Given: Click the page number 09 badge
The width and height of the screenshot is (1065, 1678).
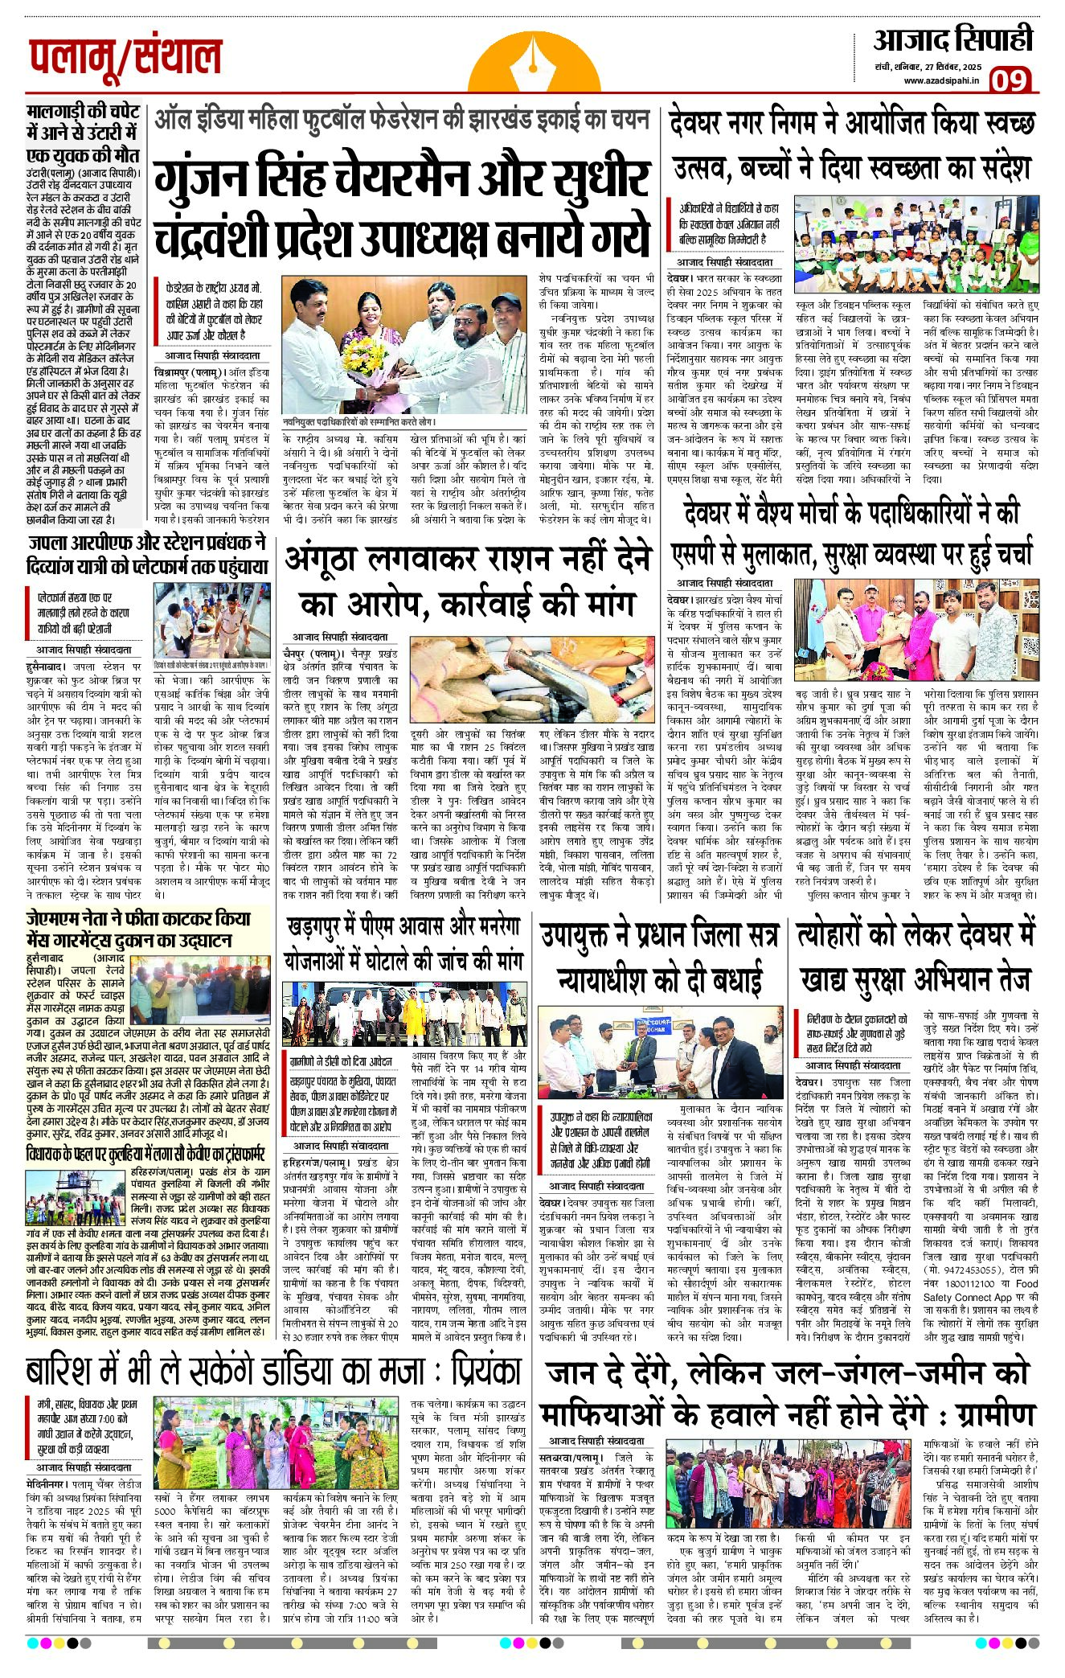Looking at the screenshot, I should coord(1009,80).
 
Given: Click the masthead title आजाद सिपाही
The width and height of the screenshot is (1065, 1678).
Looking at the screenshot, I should coord(952,39).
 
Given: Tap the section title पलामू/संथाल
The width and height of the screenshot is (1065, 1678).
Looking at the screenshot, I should coord(125,59).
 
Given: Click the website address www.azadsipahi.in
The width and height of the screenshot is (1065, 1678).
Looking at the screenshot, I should coord(941,80).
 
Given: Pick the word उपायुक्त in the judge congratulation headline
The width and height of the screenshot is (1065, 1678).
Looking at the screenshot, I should coord(584,935).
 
